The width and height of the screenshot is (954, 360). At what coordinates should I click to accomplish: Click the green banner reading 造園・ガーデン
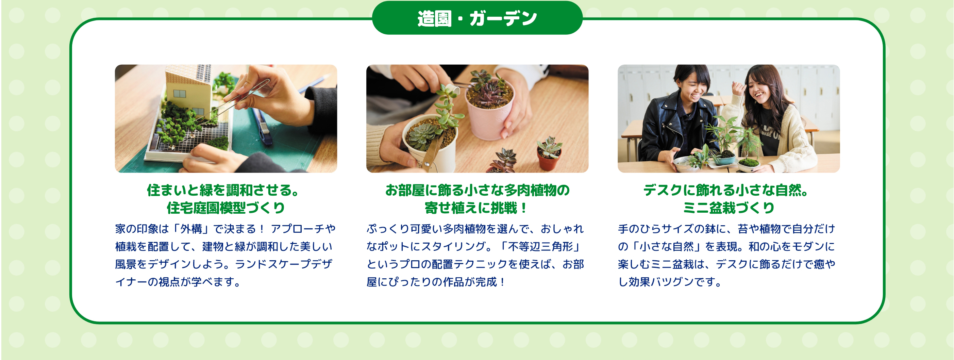477,18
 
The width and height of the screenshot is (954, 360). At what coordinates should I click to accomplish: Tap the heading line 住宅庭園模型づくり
225,208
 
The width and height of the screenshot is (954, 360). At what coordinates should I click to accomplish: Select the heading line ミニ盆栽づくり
729,208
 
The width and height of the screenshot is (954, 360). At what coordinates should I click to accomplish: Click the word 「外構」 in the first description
191,229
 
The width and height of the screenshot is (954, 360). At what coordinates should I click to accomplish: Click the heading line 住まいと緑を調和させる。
223,190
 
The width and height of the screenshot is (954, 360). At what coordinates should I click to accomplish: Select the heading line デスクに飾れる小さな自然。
726,190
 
